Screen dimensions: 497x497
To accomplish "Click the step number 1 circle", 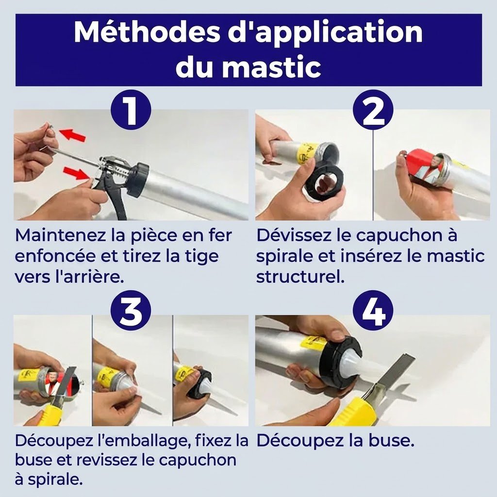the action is pyautogui.click(x=131, y=110).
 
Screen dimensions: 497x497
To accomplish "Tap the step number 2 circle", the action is pyautogui.click(x=373, y=110).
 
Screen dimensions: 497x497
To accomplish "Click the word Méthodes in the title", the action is pyautogui.click(x=147, y=32).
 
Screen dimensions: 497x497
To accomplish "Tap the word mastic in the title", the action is pyautogui.click(x=271, y=67).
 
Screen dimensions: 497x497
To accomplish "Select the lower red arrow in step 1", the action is pyautogui.click(x=76, y=173).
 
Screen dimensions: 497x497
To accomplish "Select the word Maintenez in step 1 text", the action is pyautogui.click(x=60, y=235).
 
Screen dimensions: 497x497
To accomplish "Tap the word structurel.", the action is pyautogui.click(x=300, y=277).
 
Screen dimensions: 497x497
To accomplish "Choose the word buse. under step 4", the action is pyautogui.click(x=392, y=441).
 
